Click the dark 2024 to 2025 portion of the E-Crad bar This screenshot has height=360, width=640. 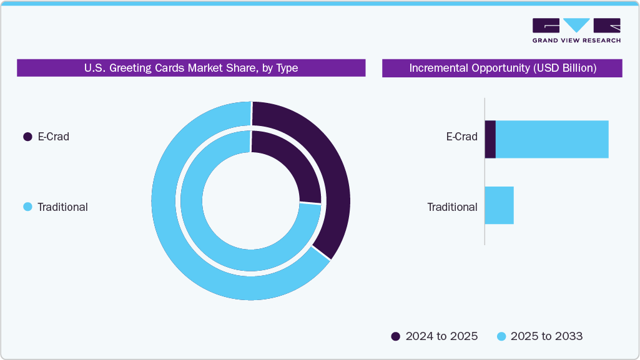pos(490,139)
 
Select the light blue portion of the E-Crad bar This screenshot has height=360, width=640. pos(552,139)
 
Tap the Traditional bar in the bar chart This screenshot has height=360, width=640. pos(500,205)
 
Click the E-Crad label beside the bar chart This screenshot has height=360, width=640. pos(461,137)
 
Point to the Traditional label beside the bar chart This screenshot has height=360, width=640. pos(452,207)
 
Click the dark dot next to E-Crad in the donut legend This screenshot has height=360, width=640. pos(27,137)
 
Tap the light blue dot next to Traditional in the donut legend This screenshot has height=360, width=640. pos(27,207)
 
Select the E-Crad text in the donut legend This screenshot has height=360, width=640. pos(53,137)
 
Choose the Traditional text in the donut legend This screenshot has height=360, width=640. pos(62,207)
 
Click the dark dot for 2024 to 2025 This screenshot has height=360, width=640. pos(396,336)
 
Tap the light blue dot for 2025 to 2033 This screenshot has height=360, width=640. pos(501,336)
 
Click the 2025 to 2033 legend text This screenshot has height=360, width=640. pos(546,336)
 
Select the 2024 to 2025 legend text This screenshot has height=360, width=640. pos(441,336)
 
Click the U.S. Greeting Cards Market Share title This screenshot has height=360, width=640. pos(191,68)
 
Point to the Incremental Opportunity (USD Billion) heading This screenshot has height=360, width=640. pos(503,68)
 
